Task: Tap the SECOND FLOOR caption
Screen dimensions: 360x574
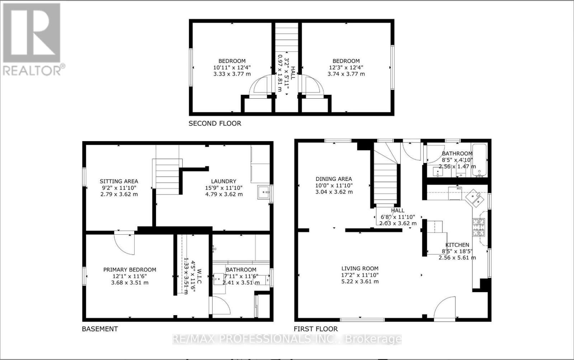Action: pos(215,123)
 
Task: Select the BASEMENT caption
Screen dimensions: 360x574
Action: pos(100,329)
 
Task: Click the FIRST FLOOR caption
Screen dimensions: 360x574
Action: pos(316,329)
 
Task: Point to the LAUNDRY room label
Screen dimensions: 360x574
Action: pos(224,181)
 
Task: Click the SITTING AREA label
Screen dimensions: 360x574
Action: pos(119,181)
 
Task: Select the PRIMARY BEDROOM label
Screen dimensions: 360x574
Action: pos(130,270)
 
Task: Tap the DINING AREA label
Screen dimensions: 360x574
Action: pos(334,179)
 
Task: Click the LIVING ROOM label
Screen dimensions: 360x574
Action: pos(359,268)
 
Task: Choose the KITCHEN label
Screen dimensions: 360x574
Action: pos(457,245)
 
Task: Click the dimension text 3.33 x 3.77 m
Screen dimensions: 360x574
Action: pos(232,74)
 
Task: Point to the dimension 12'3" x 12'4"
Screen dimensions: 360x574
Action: pos(346,67)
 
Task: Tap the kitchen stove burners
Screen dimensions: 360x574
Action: pos(479,227)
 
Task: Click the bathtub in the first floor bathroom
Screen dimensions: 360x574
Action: pos(479,160)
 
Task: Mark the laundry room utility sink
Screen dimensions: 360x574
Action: pos(264,192)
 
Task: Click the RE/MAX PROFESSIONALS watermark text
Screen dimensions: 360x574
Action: pos(287,338)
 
